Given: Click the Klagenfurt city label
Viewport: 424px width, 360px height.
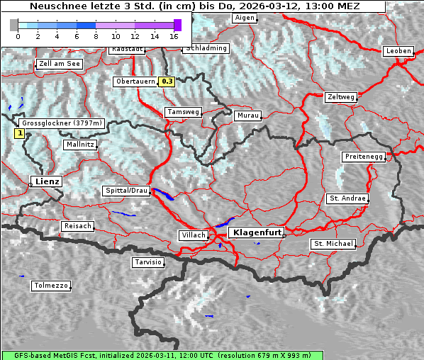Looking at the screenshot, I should pyautogui.click(x=258, y=232).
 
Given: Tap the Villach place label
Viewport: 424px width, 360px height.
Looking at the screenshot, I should pyautogui.click(x=193, y=235).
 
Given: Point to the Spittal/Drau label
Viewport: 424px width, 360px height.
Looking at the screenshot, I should pyautogui.click(x=127, y=191).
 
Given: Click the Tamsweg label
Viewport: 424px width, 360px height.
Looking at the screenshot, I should pyautogui.click(x=184, y=112).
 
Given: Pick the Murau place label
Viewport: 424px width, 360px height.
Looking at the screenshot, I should pyautogui.click(x=248, y=115).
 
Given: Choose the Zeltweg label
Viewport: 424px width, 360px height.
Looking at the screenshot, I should pyautogui.click(x=341, y=96).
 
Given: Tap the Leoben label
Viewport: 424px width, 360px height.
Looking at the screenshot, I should pyautogui.click(x=398, y=51).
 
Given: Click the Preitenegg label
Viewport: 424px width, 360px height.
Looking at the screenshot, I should pyautogui.click(x=364, y=156).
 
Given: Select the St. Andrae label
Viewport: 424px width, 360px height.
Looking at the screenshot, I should pyautogui.click(x=347, y=198).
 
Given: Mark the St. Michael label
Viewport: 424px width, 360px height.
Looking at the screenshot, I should pyautogui.click(x=333, y=244).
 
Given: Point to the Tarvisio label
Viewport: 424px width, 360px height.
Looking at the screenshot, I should pyautogui.click(x=148, y=262).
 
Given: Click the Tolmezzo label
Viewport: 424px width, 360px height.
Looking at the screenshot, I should pyautogui.click(x=50, y=286).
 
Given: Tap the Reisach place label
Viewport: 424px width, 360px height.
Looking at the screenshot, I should pyautogui.click(x=78, y=226).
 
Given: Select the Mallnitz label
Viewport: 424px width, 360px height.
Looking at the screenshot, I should pyautogui.click(x=80, y=144).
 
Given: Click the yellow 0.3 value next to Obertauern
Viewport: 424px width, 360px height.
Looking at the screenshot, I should pyautogui.click(x=167, y=81).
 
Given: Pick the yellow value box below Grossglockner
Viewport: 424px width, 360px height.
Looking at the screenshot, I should pyautogui.click(x=20, y=133).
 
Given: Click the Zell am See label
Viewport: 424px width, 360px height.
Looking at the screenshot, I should pyautogui.click(x=60, y=64).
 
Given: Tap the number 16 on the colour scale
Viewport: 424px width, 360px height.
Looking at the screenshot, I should pyautogui.click(x=174, y=36).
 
